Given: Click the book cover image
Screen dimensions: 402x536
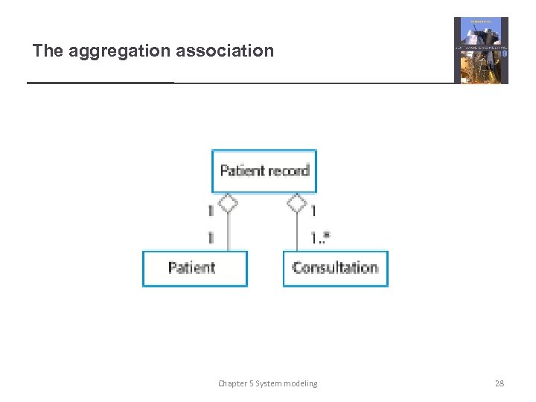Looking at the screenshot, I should pyautogui.click(x=481, y=51).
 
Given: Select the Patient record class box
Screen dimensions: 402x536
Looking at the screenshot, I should pyautogui.click(x=264, y=171).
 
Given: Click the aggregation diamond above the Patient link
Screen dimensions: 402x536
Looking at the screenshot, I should pyautogui.click(x=228, y=202).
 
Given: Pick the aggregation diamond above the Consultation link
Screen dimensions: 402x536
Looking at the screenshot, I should pyautogui.click(x=297, y=202).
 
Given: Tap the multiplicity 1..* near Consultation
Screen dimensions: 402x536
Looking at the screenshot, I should pyautogui.click(x=321, y=237).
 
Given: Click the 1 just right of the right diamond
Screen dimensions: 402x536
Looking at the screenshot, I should pyautogui.click(x=313, y=211).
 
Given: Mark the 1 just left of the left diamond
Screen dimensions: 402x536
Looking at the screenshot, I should pyautogui.click(x=211, y=211).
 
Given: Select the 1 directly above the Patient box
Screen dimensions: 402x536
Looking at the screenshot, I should pyautogui.click(x=211, y=237).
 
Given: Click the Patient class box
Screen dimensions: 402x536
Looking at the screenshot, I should pyautogui.click(x=194, y=268).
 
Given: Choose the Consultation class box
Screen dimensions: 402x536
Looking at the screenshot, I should pyautogui.click(x=335, y=268).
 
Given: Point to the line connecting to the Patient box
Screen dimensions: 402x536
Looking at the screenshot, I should pyautogui.click(x=228, y=232).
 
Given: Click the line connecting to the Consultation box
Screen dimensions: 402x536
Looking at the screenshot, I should pyautogui.click(x=297, y=232).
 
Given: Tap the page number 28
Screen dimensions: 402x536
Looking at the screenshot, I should pyautogui.click(x=500, y=383).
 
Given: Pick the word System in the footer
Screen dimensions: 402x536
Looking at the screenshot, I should pyautogui.click(x=268, y=383).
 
